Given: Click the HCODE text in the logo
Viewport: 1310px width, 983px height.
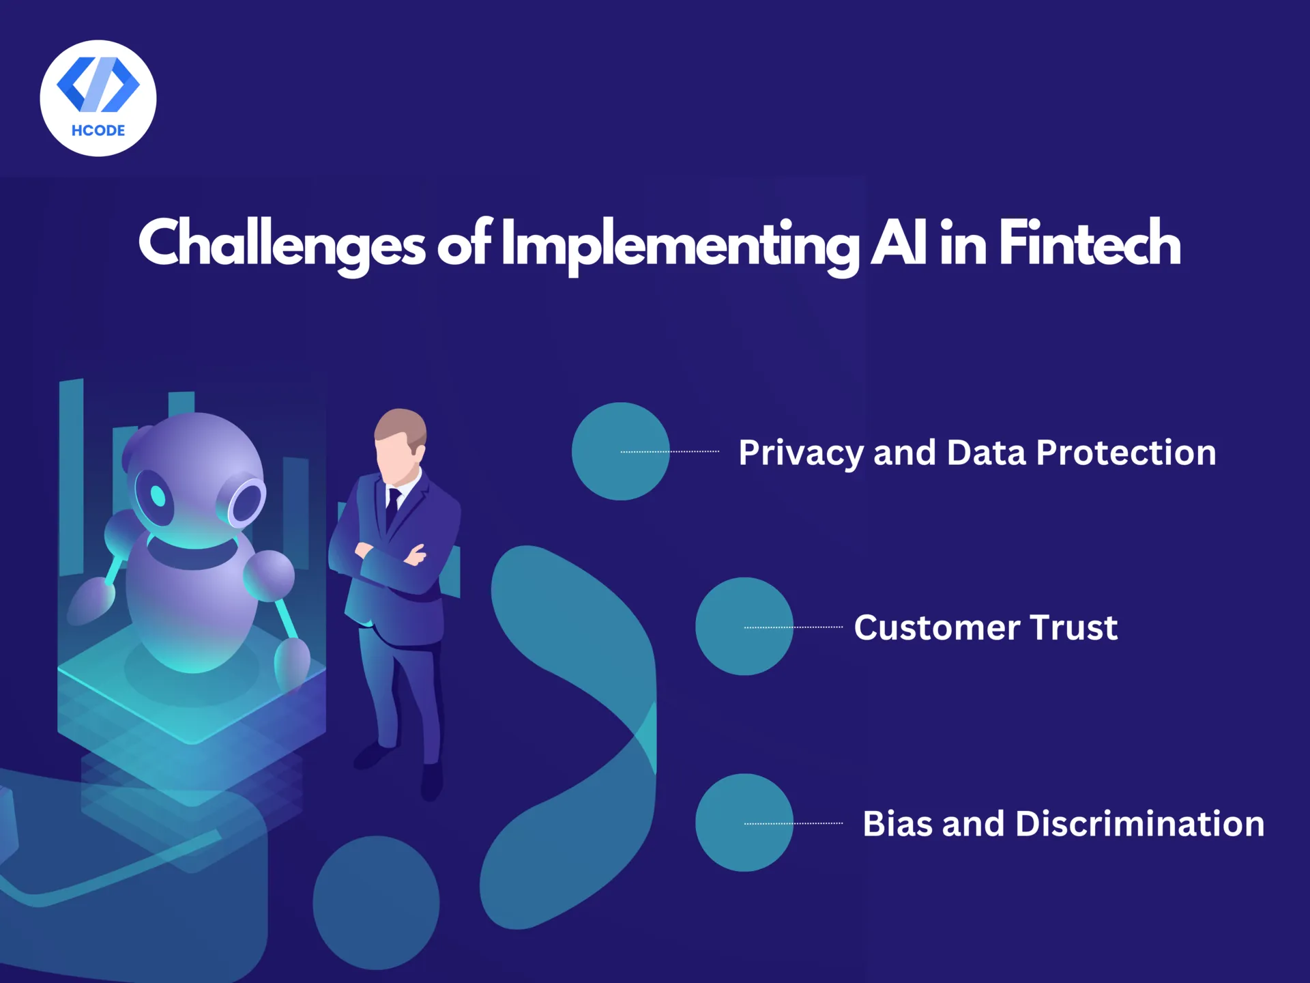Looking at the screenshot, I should tap(98, 130).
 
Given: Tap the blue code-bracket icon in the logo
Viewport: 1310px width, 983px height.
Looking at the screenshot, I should tap(98, 84).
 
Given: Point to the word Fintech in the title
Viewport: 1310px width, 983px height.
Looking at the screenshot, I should tap(1090, 242).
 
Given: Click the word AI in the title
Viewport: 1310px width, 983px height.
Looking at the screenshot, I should tap(899, 242).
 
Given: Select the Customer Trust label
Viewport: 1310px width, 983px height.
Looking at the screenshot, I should tap(985, 627).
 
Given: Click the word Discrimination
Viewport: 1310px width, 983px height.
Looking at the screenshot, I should tap(1139, 824).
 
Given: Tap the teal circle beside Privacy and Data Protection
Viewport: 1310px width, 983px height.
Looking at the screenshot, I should tap(620, 451).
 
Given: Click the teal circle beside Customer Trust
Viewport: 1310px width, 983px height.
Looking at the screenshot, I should tap(744, 627).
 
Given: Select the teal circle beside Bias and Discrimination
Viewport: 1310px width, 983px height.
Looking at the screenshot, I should tap(744, 823).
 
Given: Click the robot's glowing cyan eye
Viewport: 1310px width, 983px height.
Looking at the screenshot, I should tap(158, 496).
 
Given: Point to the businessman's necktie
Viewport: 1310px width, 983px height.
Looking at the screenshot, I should tap(392, 505).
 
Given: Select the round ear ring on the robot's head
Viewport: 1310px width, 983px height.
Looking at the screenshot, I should tap(246, 502).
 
